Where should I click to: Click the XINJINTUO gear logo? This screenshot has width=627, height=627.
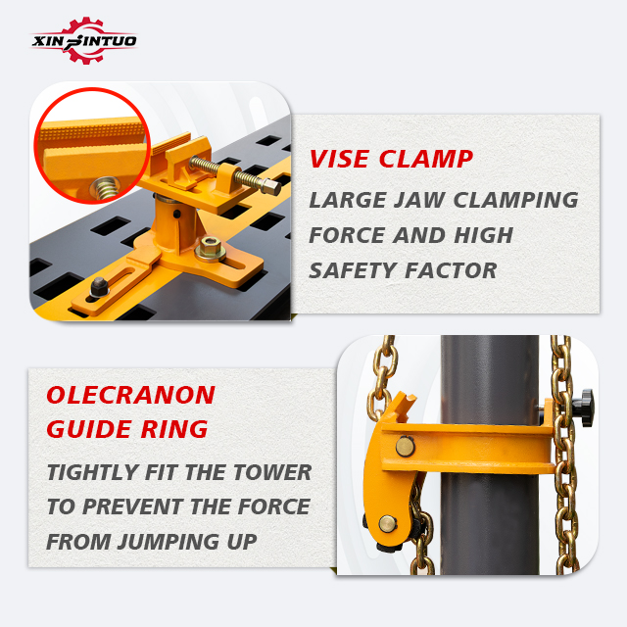tap(84, 40)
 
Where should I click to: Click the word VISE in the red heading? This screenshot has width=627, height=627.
tap(340, 159)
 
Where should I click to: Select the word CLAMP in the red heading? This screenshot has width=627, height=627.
tap(426, 159)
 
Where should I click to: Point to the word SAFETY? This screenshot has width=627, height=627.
tap(353, 270)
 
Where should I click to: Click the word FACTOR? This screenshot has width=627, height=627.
tap(451, 270)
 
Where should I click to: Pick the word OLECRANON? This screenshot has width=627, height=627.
tap(130, 395)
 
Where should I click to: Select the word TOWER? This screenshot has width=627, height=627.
tap(272, 472)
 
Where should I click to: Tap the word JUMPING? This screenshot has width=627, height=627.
tap(169, 542)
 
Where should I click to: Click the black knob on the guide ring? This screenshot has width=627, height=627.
tap(586, 408)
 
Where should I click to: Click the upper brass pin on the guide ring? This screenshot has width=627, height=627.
tap(405, 447)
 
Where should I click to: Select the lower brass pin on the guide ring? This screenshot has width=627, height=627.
tap(388, 524)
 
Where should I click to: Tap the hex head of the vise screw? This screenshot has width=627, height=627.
tap(271, 186)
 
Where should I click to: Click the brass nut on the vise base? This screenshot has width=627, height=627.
tap(210, 248)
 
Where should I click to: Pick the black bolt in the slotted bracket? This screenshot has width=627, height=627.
tap(99, 287)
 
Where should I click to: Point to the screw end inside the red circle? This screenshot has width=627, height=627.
tap(105, 188)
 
